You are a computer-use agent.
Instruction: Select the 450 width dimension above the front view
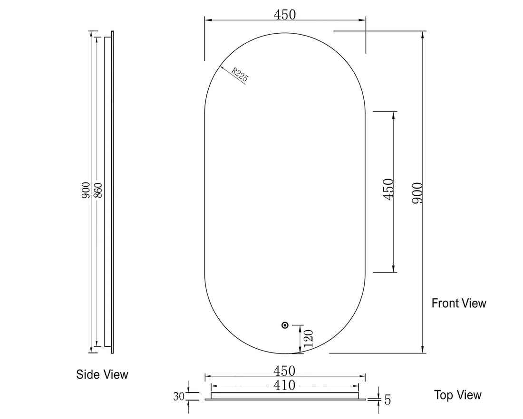(285, 15)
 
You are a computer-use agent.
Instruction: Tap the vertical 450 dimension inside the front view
(388, 189)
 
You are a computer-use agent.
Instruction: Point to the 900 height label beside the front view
(417, 192)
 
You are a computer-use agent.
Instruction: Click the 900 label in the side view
(86, 190)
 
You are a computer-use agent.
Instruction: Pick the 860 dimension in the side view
(98, 190)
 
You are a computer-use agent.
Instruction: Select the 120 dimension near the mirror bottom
(308, 339)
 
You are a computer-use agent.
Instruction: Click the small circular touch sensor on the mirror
(285, 325)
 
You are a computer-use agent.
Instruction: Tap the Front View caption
(459, 303)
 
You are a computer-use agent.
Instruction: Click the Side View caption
(102, 374)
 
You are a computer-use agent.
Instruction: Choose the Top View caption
(457, 395)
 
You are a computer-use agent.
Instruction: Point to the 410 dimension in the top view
(285, 385)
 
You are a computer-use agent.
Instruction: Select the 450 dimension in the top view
(285, 371)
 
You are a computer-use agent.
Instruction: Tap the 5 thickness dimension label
(387, 400)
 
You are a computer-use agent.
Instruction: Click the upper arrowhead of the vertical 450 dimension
(393, 114)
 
